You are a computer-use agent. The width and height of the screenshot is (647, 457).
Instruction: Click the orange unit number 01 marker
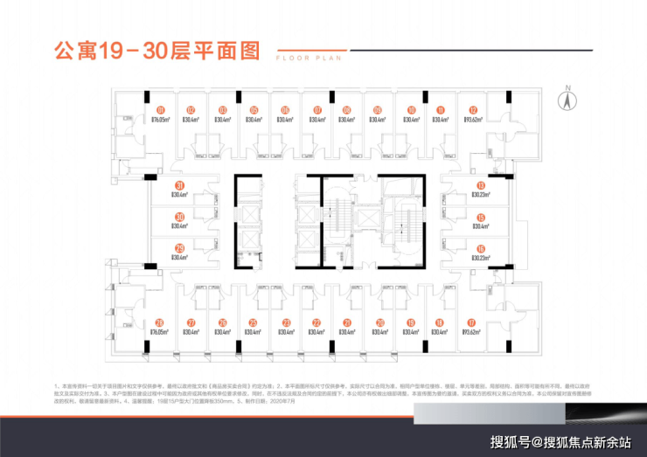[x=160, y=109]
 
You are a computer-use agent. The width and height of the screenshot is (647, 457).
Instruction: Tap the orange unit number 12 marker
[x=472, y=109]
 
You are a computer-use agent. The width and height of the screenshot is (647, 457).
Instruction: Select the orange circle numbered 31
[x=179, y=184]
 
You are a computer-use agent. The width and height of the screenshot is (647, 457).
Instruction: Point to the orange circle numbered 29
[x=179, y=248]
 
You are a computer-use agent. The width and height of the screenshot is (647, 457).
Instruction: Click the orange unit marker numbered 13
[x=480, y=184]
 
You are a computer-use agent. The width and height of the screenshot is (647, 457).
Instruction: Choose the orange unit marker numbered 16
[x=480, y=248]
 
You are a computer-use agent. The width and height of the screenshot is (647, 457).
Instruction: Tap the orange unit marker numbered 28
[x=160, y=322]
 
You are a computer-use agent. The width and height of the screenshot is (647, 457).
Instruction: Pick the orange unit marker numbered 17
[x=471, y=322]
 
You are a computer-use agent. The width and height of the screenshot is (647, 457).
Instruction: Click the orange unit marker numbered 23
[x=286, y=322]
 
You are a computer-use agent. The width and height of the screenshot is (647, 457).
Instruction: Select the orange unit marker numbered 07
[x=317, y=109]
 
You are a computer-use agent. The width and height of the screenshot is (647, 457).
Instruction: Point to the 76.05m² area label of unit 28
[x=160, y=332]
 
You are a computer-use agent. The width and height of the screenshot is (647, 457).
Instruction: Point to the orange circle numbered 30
[x=179, y=217]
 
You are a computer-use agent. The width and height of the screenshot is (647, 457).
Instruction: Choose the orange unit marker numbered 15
[x=480, y=217]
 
